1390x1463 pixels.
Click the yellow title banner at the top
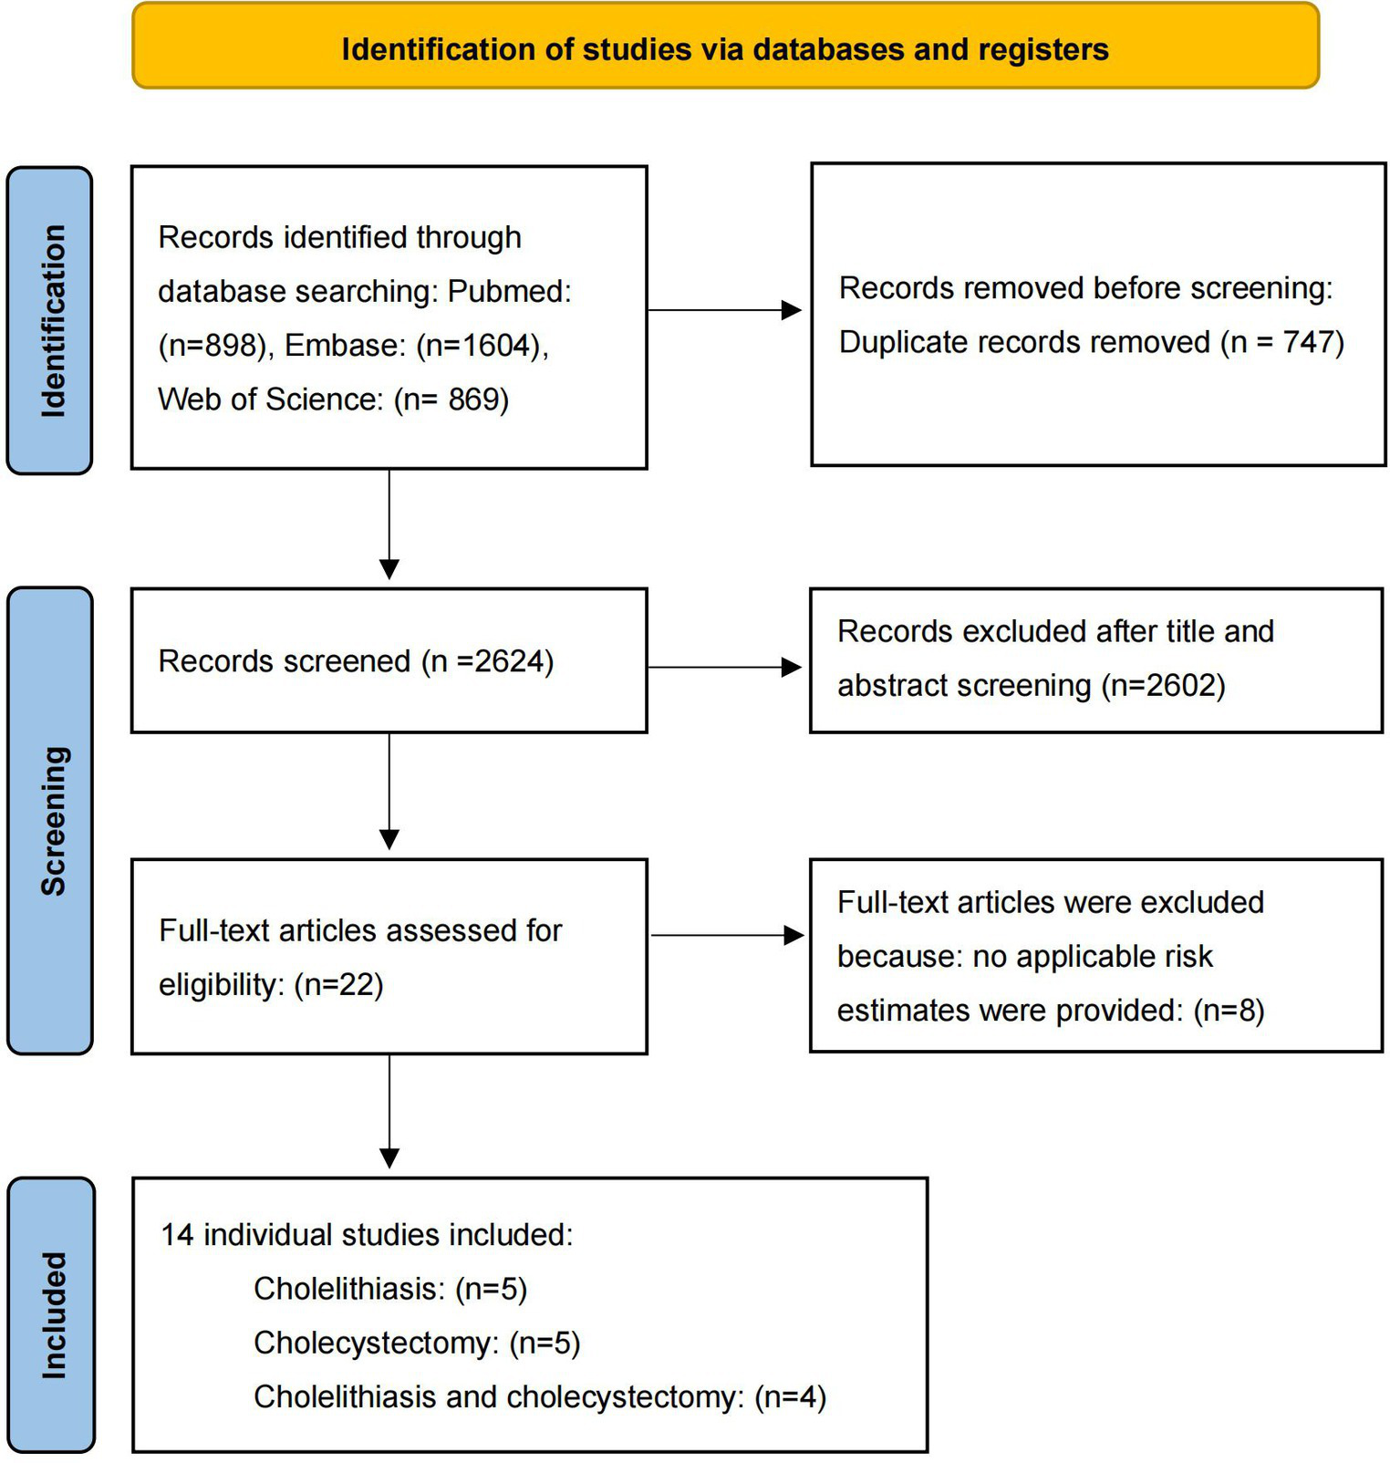pyautogui.click(x=725, y=47)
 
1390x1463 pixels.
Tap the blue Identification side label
pyautogui.click(x=51, y=320)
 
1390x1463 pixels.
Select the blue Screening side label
pyautogui.click(x=51, y=820)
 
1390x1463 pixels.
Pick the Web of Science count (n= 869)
pyautogui.click(x=451, y=399)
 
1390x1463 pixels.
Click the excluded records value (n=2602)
pyautogui.click(x=1163, y=685)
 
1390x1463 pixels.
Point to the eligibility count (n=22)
pyautogui.click(x=338, y=984)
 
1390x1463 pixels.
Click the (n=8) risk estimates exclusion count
pyautogui.click(x=1229, y=1011)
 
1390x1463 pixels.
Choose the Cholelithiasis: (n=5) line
pyautogui.click(x=390, y=1289)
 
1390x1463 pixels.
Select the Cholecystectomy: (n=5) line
pyautogui.click(x=417, y=1343)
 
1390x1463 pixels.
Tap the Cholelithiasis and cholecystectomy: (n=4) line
pyautogui.click(x=539, y=1396)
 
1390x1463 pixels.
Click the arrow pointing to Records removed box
pyautogui.click(x=725, y=310)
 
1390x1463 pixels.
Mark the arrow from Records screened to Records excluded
pyautogui.click(x=725, y=668)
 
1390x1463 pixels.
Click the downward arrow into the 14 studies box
pyautogui.click(x=389, y=1113)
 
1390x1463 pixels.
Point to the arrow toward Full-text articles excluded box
pyautogui.click(x=727, y=935)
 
